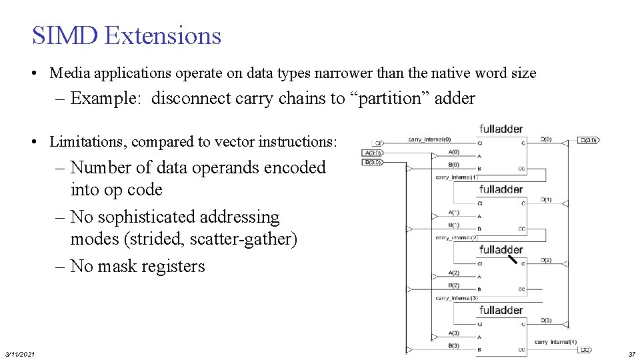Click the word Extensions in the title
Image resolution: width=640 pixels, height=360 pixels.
tap(163, 35)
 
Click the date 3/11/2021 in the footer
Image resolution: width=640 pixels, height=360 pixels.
tap(20, 353)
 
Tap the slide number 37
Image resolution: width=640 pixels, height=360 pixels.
tap(631, 353)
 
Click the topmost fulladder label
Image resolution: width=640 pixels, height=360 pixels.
tap(501, 129)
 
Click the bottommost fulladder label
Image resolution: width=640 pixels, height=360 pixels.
tap(501, 311)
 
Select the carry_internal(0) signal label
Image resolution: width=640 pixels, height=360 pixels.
tap(429, 139)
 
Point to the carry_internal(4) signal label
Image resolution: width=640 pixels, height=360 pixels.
tap(555, 342)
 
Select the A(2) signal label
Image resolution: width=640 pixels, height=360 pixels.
tap(453, 273)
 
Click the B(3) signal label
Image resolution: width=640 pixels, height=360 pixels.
tap(453, 345)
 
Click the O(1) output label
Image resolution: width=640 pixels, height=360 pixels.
tap(545, 200)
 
